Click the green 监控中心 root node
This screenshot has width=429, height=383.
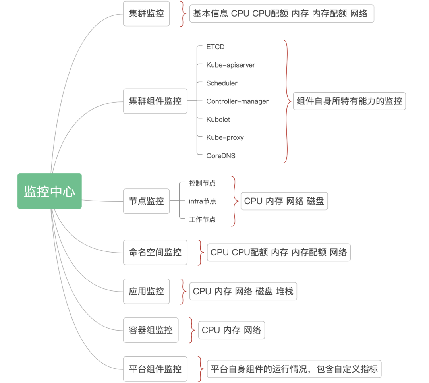coord(50,191)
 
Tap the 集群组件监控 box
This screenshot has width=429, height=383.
coord(155,101)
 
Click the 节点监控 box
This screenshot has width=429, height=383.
coord(146,201)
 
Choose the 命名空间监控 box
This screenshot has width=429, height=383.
coord(155,252)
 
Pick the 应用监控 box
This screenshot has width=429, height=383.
coord(146,291)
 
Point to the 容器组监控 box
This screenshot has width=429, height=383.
coord(151,330)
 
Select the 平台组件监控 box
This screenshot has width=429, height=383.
coord(155,369)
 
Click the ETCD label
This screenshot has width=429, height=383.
coord(215,47)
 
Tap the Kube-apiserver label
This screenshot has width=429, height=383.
coord(230,65)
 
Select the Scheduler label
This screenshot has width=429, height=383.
coord(222,83)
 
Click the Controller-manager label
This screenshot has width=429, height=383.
coord(237,101)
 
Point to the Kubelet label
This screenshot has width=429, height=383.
coord(218,119)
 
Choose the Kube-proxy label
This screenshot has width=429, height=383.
coord(225,137)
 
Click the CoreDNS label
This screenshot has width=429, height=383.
coord(220,156)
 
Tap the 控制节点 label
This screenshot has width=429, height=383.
coord(202,183)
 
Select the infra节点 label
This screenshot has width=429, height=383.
coord(203,201)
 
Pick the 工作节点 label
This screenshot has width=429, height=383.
coord(202,219)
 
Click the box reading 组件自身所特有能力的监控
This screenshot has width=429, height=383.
coord(349,101)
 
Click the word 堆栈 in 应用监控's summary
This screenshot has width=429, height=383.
coord(284,292)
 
